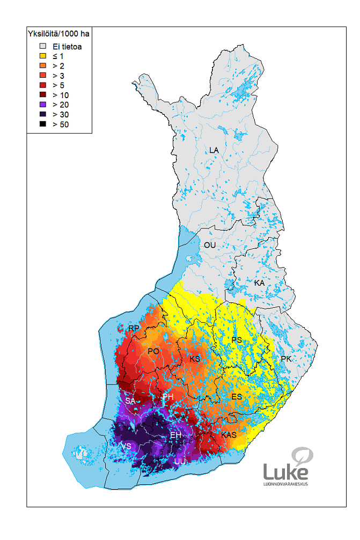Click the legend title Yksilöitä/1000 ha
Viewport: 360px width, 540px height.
(58, 34)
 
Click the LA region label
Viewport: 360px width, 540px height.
(214, 150)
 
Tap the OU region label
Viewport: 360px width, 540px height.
(209, 245)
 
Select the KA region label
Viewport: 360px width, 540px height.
(259, 283)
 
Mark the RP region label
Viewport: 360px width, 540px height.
(134, 328)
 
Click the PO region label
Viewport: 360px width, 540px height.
(153, 351)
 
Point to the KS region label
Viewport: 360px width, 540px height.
(195, 359)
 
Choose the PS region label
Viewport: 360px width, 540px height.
(237, 340)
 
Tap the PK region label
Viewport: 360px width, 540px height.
(286, 359)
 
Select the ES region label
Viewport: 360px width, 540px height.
(236, 396)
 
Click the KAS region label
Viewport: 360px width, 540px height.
(229, 434)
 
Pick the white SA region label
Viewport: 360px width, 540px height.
(130, 401)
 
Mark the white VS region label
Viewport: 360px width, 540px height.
(126, 446)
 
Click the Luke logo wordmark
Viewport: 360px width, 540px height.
(286, 472)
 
